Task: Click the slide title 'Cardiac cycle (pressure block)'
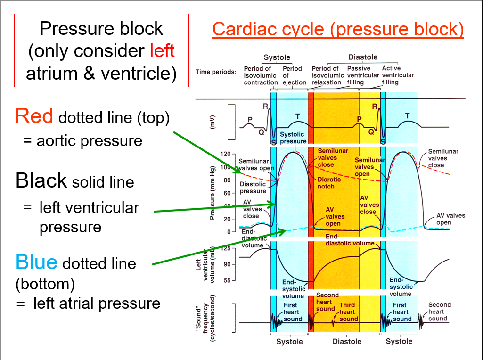click(x=338, y=29)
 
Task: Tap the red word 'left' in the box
click(x=162, y=51)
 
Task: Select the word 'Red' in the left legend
click(x=34, y=116)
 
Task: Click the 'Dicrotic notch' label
click(x=326, y=183)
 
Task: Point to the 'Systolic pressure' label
click(x=292, y=138)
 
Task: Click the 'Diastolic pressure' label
click(x=253, y=188)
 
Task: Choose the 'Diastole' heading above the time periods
click(x=363, y=57)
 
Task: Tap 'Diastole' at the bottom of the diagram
click(x=347, y=341)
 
